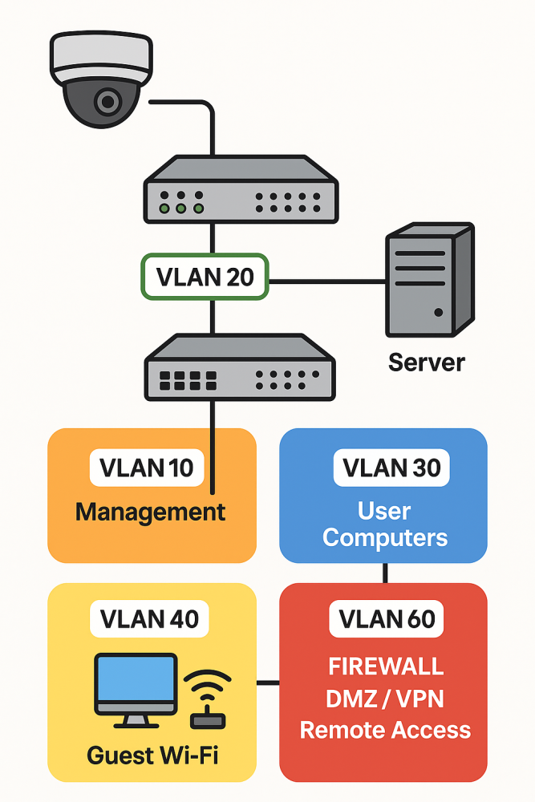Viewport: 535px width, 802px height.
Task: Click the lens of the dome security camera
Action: coord(105,102)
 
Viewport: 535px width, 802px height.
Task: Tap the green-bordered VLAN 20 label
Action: coord(205,277)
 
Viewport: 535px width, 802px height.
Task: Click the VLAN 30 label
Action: coord(391,467)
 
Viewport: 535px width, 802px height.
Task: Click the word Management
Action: coord(151,512)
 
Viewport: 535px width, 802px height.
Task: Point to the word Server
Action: coord(426,362)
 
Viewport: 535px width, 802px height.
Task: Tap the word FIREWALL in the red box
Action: coord(386,666)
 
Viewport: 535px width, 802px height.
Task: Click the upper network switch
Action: coord(240,190)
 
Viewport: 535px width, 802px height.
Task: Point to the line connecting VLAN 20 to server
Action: coord(326,282)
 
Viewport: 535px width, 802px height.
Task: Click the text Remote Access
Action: coord(385,730)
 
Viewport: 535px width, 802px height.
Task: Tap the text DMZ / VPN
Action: coord(385,699)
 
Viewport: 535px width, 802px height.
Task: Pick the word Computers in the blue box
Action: coord(385,537)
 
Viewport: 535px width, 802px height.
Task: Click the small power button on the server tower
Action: coord(437,311)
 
